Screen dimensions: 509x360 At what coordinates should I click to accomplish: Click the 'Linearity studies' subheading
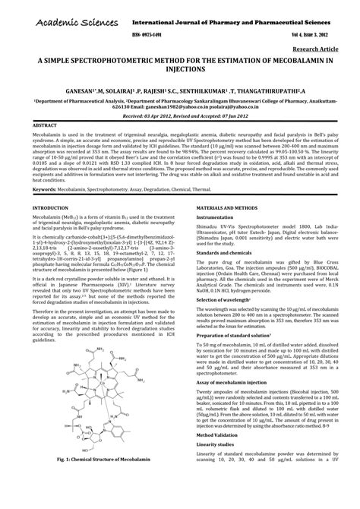point(217,476)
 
